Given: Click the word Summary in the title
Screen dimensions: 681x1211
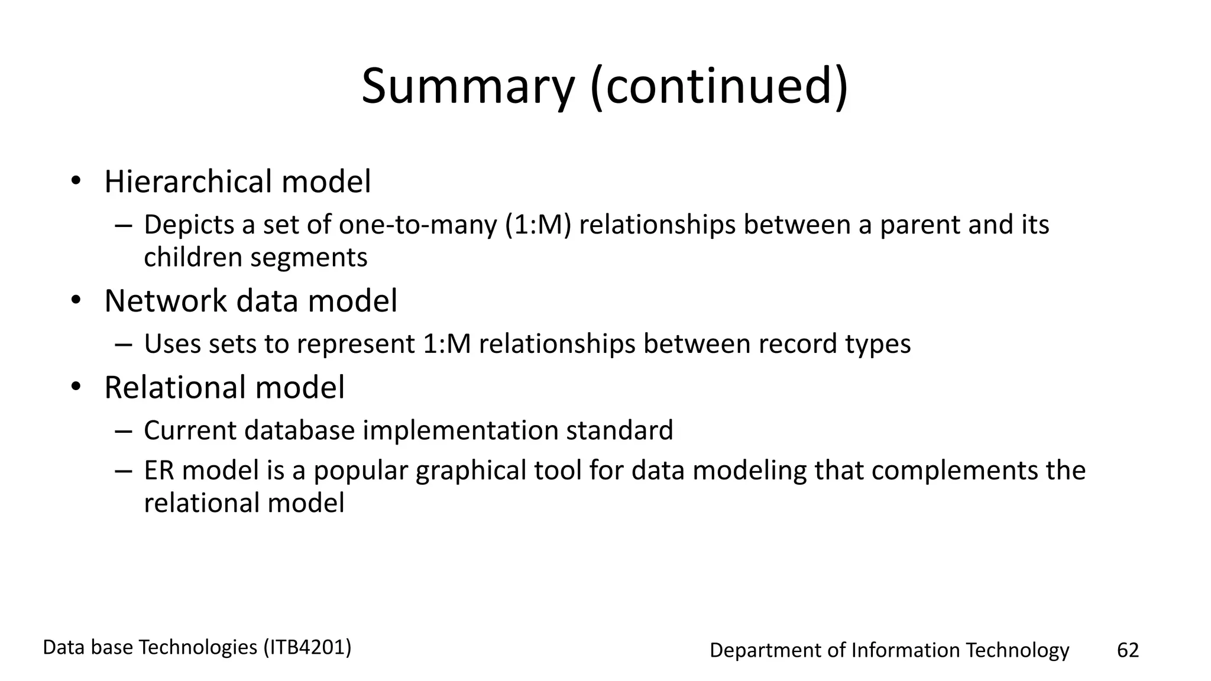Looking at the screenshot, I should tap(468, 87).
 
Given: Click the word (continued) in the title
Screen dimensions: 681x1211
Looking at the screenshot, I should tap(719, 87).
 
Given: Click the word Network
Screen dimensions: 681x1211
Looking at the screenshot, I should tap(165, 301).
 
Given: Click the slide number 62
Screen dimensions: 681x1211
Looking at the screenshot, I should tap(1127, 650).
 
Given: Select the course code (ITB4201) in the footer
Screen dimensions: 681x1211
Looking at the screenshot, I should tap(307, 648).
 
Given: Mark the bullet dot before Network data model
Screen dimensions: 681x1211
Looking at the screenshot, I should tap(75, 301).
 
